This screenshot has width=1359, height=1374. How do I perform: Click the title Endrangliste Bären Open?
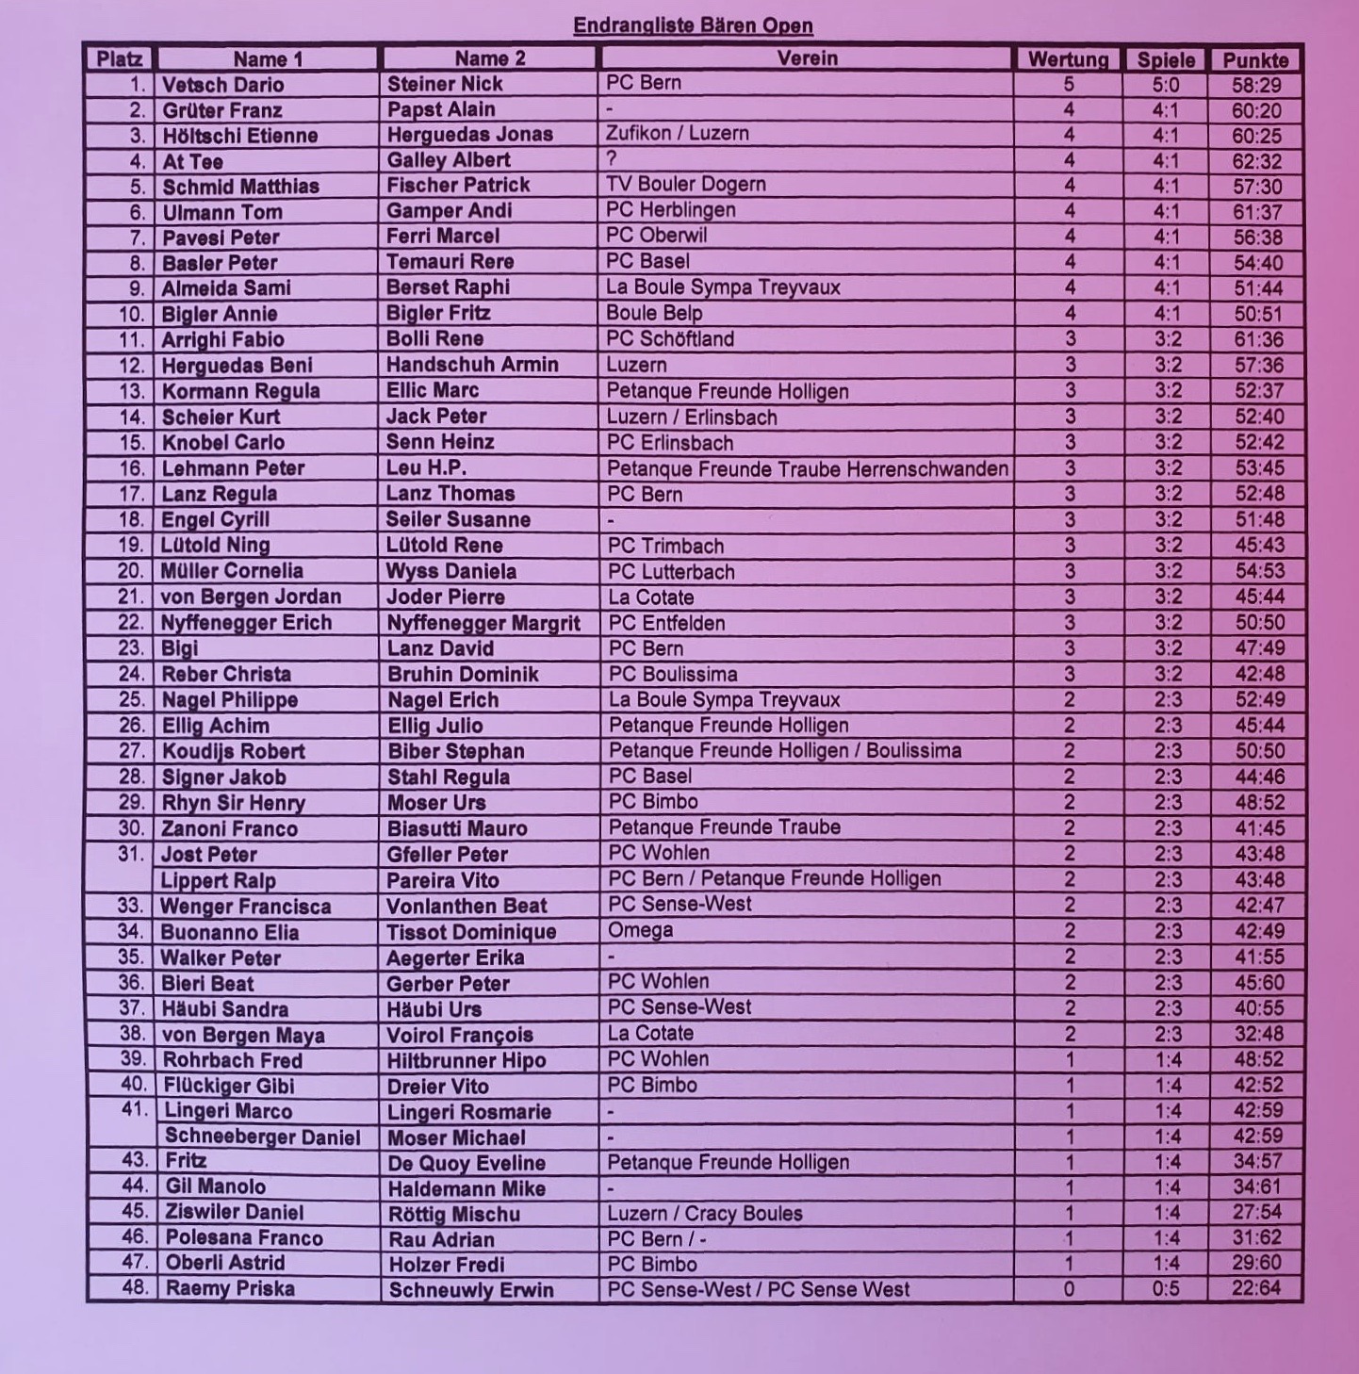tap(693, 25)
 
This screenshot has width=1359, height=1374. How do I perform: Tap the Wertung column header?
tap(1068, 59)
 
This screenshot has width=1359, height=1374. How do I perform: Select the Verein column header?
tap(807, 58)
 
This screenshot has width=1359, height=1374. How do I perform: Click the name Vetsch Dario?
tap(222, 85)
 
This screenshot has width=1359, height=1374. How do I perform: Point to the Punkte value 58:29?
tap(1255, 85)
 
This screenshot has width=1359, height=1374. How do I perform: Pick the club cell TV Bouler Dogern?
tap(685, 185)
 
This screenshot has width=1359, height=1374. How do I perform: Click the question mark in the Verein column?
tap(612, 159)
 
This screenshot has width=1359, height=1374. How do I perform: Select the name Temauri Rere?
tap(450, 262)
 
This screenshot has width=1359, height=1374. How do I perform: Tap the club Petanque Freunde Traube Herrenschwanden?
tap(807, 468)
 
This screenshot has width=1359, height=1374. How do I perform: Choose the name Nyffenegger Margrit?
tap(483, 623)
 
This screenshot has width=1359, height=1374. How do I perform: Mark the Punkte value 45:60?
tap(1257, 983)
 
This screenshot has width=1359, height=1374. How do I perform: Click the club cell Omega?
tap(640, 931)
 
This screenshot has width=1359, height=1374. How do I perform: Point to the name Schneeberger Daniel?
tap(262, 1137)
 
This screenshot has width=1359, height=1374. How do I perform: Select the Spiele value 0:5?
tap(1166, 1288)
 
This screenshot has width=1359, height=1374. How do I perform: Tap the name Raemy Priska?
tap(230, 1288)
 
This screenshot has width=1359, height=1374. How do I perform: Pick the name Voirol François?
tap(460, 1035)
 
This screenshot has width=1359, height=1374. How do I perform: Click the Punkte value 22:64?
tap(1257, 1288)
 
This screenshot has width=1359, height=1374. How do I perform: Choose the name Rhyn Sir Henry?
tap(234, 803)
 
